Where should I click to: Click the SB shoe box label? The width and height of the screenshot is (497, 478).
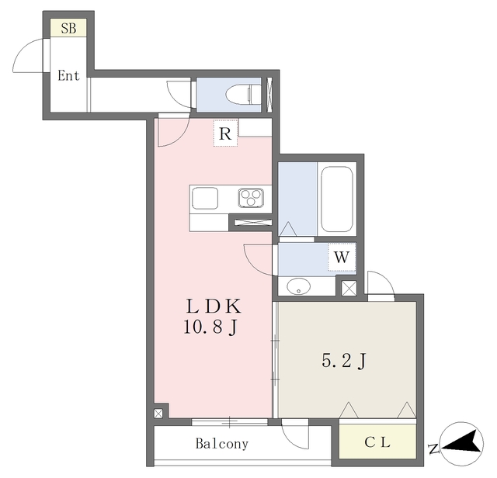67,29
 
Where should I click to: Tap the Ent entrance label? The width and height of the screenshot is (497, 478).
68,76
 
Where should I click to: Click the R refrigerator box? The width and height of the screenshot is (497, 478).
225,133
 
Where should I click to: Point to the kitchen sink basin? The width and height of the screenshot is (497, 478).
206,198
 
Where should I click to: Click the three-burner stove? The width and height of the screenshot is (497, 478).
252,198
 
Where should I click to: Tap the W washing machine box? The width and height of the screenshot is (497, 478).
342,256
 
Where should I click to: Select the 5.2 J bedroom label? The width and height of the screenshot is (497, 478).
343,361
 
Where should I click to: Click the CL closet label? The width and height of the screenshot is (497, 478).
377,442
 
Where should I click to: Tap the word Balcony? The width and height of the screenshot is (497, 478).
222,445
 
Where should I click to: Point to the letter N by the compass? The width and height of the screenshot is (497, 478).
433,449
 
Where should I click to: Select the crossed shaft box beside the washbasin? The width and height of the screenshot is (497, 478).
348,288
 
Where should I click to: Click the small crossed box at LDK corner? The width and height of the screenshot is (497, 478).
159,413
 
